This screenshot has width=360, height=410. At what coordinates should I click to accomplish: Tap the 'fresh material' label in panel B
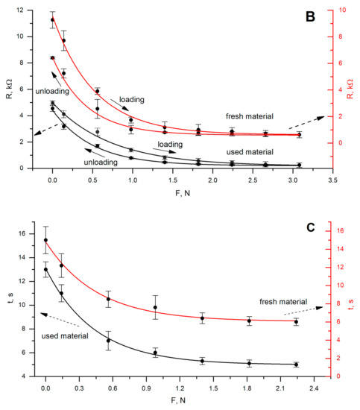click(x=250, y=116)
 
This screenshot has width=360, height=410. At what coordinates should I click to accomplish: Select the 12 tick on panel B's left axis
click(x=22, y=10)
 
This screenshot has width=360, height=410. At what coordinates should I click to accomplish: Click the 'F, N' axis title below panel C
click(x=177, y=403)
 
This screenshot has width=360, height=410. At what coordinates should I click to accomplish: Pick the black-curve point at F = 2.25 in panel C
click(x=296, y=365)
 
